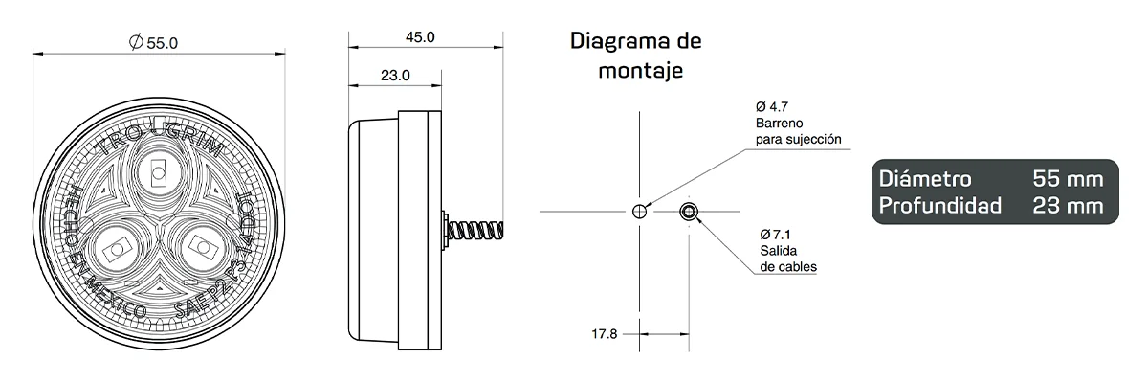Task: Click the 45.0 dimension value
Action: pos(419,37)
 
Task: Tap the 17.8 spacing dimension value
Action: pos(606,334)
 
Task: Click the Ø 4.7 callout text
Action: pos(771,106)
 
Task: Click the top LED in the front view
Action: pos(157,174)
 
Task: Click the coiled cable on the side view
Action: pos(475,231)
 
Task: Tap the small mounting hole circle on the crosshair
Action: pos(639,211)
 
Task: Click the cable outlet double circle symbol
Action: pos(689,212)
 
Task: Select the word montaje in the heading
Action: pos(639,71)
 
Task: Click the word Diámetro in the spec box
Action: pos(924,179)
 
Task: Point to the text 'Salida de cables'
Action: pos(789,259)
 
